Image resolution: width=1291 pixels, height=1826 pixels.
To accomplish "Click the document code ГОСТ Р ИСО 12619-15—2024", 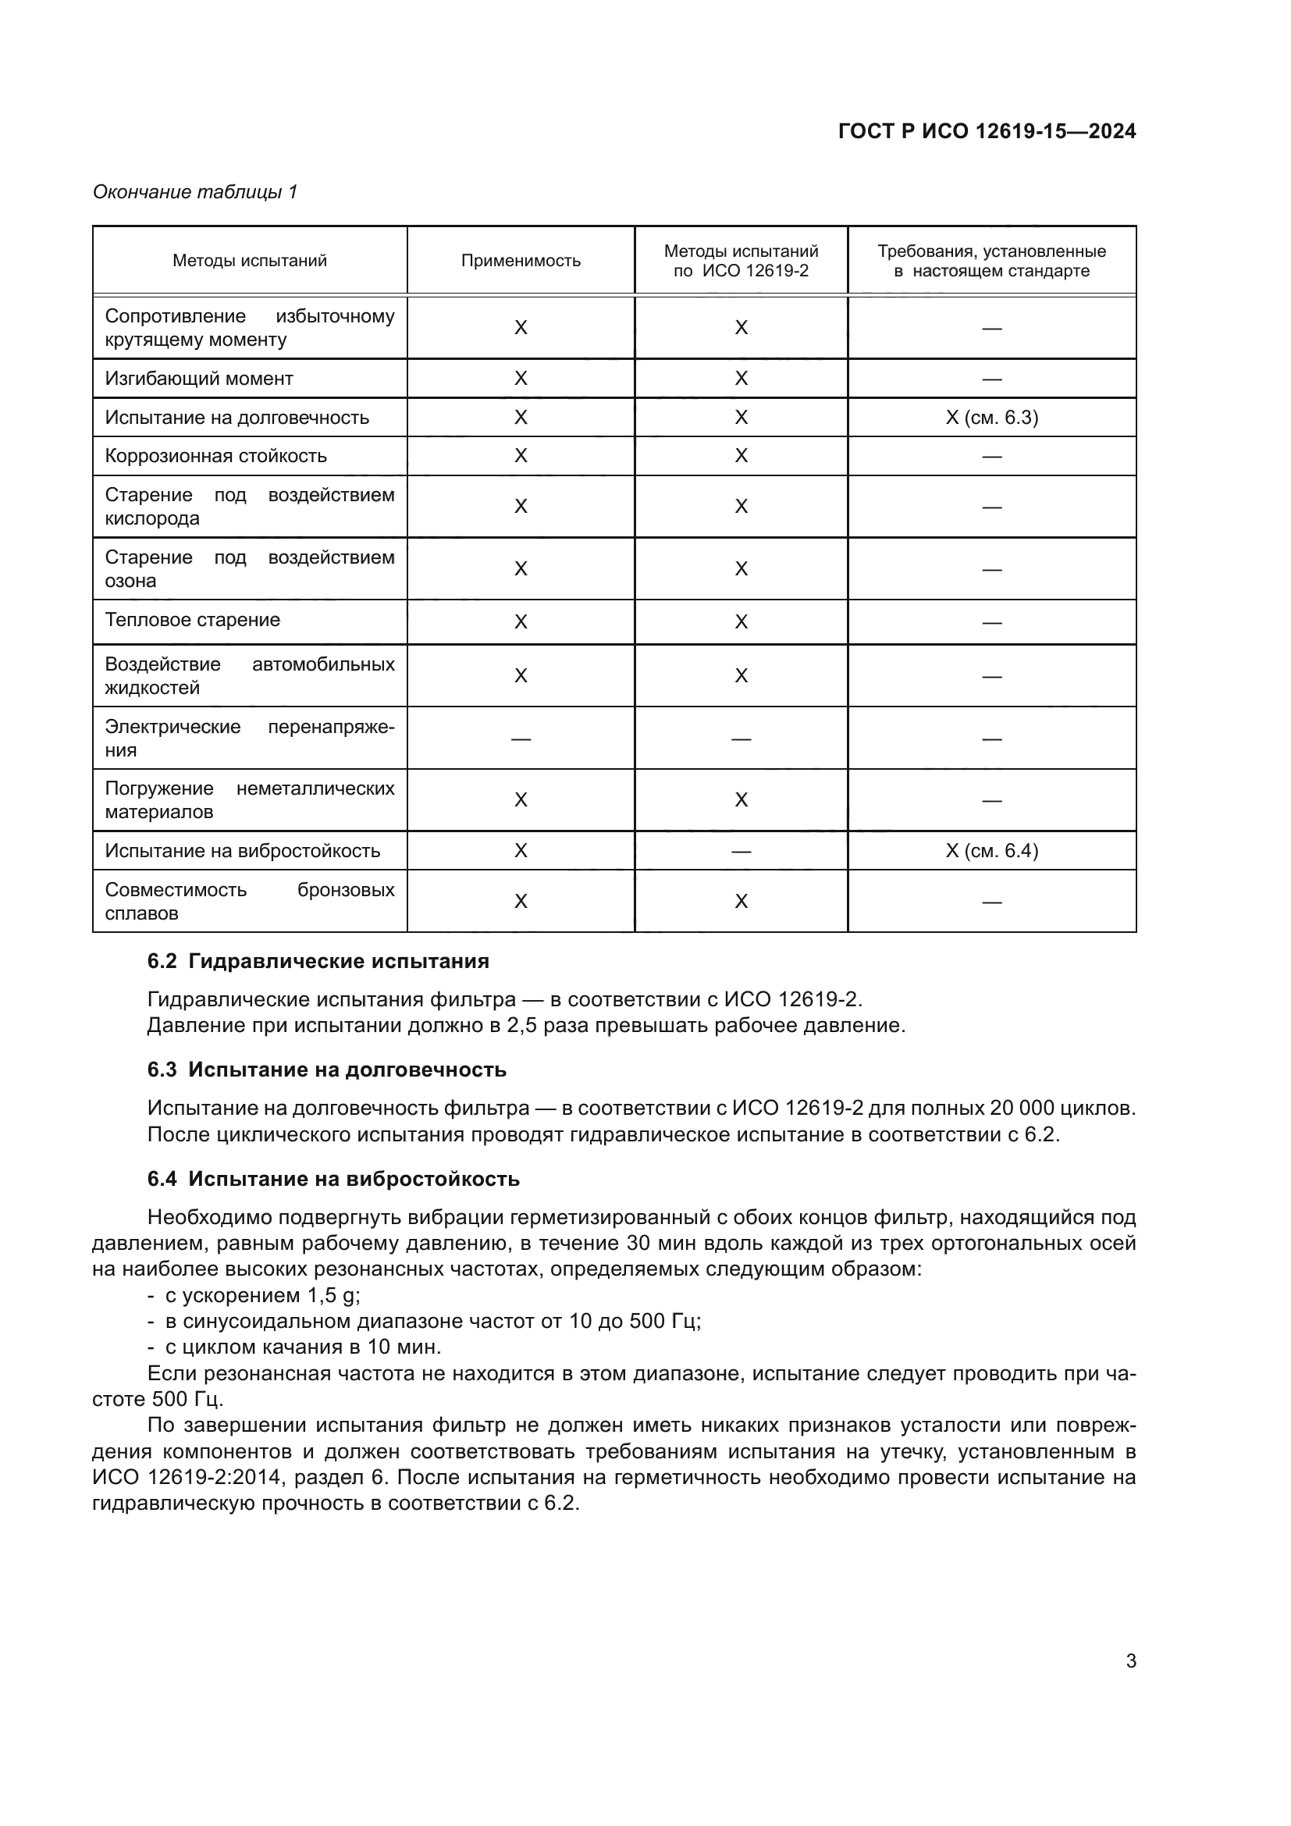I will [x=987, y=131].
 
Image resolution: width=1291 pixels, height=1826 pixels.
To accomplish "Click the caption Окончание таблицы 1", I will [x=195, y=192].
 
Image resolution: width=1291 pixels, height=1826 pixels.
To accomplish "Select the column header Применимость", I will [x=521, y=261].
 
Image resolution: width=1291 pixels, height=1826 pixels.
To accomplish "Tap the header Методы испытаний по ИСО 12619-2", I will [x=741, y=261].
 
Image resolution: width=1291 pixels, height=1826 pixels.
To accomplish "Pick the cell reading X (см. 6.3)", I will [x=991, y=418].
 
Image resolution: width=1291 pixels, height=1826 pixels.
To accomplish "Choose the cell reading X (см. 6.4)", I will [x=991, y=851].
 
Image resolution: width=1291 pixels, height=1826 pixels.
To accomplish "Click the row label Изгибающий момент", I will [x=199, y=379].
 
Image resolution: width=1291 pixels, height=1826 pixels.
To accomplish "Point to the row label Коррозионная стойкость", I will [x=215, y=456].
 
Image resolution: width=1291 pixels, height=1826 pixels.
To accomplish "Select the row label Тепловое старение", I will [x=192, y=621].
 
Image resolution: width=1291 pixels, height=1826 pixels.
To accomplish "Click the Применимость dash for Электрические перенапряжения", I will [x=521, y=739].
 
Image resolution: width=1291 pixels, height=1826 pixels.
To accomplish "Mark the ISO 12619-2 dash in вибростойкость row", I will [x=741, y=852].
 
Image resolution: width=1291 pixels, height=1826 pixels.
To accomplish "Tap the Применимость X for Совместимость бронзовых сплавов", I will [x=521, y=901].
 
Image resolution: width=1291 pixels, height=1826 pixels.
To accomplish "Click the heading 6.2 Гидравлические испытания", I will [x=318, y=962].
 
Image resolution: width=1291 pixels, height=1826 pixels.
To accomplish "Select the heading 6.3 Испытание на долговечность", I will [x=327, y=1070].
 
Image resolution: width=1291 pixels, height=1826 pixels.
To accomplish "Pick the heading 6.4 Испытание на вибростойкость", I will [x=333, y=1179].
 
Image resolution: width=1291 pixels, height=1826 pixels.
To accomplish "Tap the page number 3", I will [x=1130, y=1661].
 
